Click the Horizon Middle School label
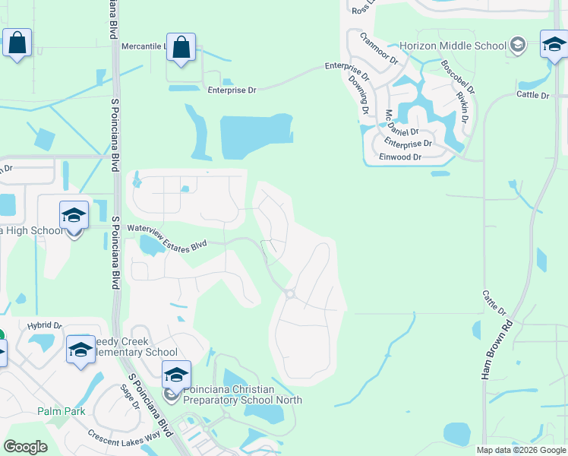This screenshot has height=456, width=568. click(453, 46)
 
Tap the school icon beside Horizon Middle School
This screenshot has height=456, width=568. click(519, 45)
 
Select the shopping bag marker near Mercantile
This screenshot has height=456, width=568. click(181, 48)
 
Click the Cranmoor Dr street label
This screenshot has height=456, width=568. click(379, 48)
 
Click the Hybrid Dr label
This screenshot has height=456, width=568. click(44, 325)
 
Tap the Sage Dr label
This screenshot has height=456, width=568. click(127, 395)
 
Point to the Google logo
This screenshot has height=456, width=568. click(25, 447)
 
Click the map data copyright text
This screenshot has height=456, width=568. click(520, 450)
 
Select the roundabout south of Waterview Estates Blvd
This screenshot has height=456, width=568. click(289, 294)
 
